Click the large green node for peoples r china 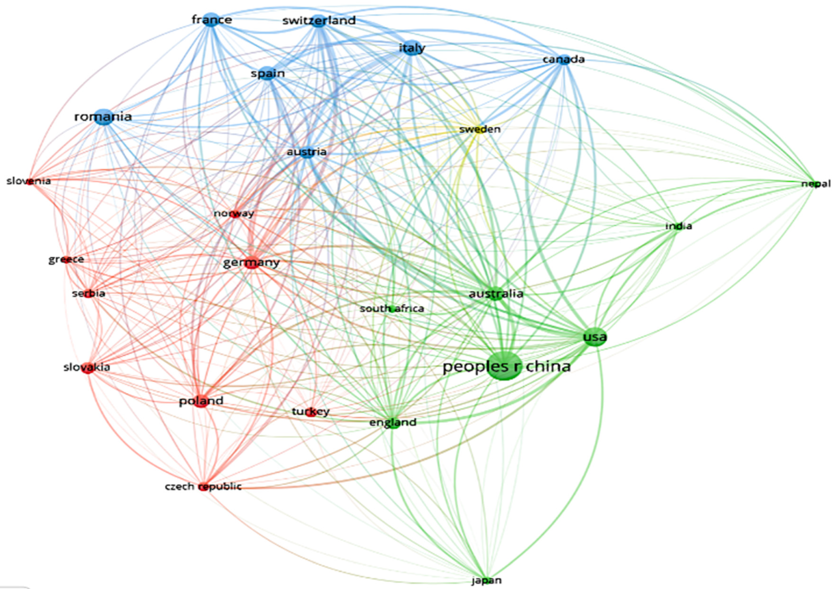(x=504, y=366)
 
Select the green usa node (x=595, y=337)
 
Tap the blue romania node (x=104, y=117)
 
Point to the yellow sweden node (x=480, y=129)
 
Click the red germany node (x=252, y=264)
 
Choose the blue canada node (x=564, y=59)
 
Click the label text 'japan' (x=486, y=580)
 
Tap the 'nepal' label (x=816, y=184)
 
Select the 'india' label (x=678, y=226)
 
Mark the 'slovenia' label (x=29, y=181)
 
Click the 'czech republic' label (x=203, y=486)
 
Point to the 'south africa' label (x=392, y=309)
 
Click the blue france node (x=211, y=20)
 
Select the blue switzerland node (x=319, y=21)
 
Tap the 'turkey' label (x=310, y=412)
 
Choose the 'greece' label (x=66, y=259)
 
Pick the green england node (x=393, y=423)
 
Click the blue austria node (x=307, y=152)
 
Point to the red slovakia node (x=88, y=368)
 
